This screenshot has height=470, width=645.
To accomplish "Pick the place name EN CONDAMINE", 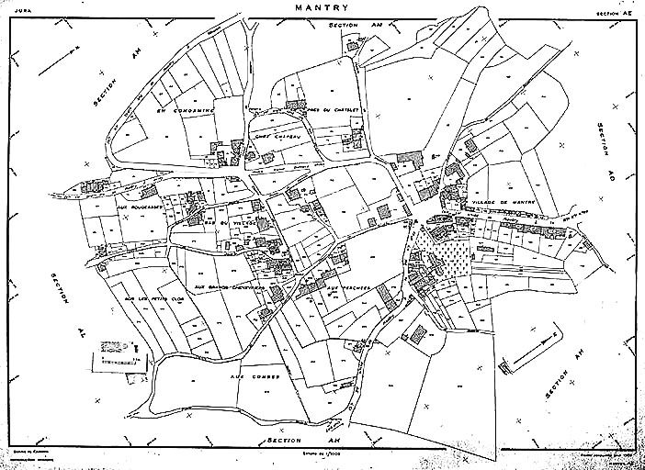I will pyautogui.click(x=185, y=112).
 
